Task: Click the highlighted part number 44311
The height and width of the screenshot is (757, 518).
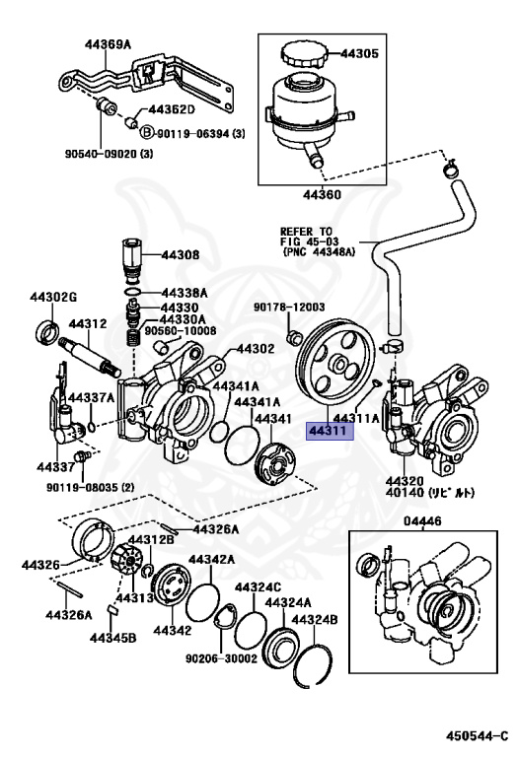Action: [331, 431]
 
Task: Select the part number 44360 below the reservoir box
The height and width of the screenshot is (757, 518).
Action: [323, 194]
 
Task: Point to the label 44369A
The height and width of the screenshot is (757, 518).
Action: [108, 44]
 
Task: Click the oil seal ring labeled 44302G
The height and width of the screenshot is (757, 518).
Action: [48, 332]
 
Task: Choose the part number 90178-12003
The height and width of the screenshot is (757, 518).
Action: [290, 308]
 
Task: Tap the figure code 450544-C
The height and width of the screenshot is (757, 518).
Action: [477, 735]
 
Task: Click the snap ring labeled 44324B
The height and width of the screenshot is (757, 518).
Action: [313, 665]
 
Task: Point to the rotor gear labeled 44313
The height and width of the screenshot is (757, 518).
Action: [127, 558]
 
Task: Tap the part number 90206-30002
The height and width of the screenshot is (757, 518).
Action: [221, 658]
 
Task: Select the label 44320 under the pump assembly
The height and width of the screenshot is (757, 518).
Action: [405, 481]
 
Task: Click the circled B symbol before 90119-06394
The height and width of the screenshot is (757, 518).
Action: [146, 132]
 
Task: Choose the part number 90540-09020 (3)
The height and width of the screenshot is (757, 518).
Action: [110, 154]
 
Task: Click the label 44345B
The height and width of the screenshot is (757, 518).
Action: [113, 638]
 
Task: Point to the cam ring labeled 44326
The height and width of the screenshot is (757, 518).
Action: [94, 539]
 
